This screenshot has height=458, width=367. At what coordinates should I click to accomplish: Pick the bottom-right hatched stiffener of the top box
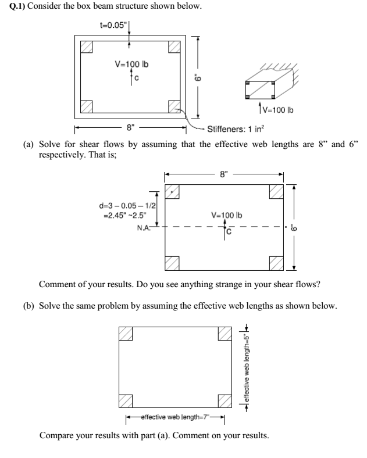click(174, 106)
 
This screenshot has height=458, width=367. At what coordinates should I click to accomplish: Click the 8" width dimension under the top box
click(130, 127)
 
